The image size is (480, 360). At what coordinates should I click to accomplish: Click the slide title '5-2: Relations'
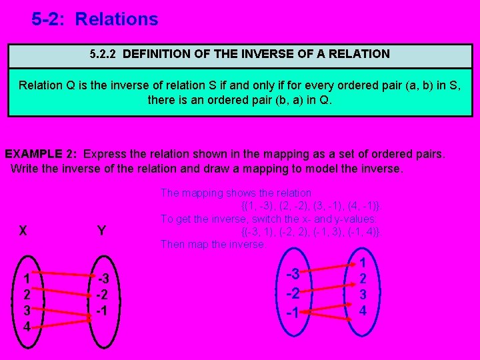(95, 19)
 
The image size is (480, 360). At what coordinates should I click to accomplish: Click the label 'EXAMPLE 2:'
(41, 154)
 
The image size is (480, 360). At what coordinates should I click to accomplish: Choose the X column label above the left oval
(23, 231)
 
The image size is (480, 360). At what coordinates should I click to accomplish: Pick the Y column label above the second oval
(101, 231)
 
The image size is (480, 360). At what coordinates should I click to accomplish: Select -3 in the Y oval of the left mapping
(102, 278)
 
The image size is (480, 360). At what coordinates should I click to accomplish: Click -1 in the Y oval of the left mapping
(102, 310)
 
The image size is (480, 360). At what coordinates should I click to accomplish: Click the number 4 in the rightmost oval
(363, 311)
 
